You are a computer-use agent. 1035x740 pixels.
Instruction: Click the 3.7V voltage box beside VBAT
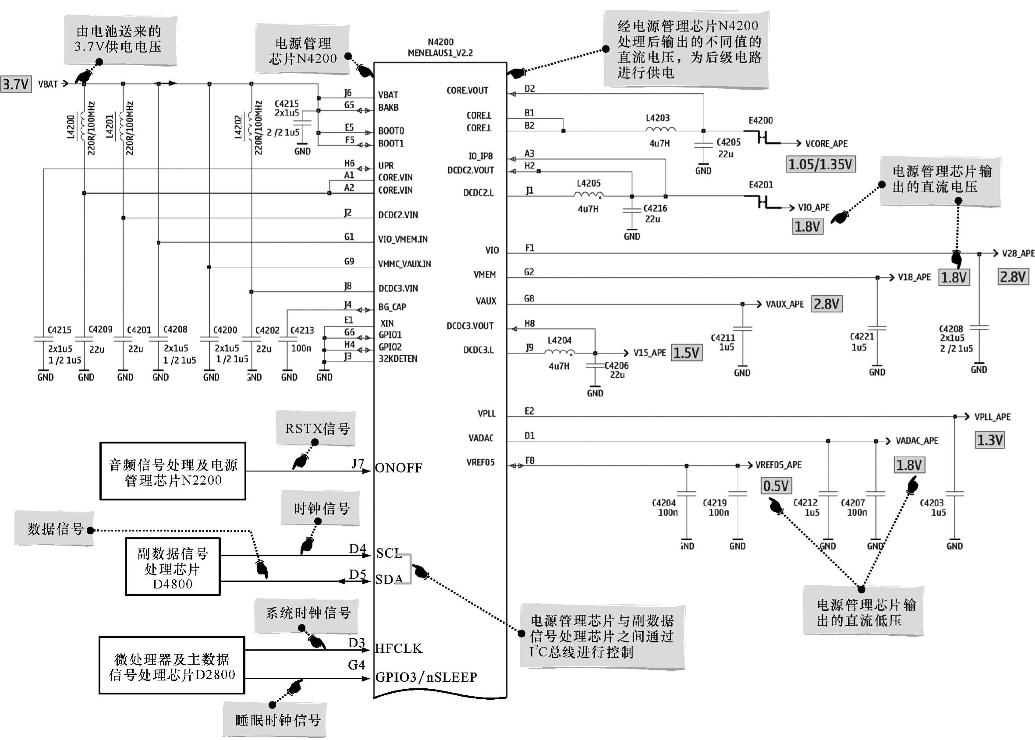coord(16,84)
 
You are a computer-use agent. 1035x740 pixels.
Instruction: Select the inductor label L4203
coord(657,118)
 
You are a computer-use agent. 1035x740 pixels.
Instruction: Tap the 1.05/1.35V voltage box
coord(820,164)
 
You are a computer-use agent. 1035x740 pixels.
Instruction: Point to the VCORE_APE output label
coord(826,144)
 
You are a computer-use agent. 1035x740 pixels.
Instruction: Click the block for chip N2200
coord(173,471)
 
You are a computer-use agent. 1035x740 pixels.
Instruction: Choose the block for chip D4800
coord(173,567)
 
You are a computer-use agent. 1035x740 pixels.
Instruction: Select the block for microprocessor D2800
coord(172,666)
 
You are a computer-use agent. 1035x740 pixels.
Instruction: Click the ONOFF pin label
coord(398,468)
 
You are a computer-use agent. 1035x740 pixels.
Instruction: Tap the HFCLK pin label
coord(398,648)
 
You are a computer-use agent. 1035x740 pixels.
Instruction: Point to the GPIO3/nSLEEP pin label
coord(425,677)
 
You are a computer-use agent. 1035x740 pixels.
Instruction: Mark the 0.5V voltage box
coord(776,486)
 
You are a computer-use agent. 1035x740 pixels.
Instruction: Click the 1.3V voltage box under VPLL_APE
coord(989,440)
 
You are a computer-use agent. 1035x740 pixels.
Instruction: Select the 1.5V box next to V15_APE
coord(686,353)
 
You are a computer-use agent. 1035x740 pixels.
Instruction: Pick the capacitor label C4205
coord(728,142)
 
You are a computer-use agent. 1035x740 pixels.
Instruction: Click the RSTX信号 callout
coord(316,429)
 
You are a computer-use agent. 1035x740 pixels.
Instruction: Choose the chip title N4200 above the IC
coord(440,42)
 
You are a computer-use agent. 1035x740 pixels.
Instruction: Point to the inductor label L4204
coord(559,340)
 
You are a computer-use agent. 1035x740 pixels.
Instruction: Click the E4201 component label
coord(761,184)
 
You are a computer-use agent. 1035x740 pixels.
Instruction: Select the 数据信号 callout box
coord(54,528)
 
